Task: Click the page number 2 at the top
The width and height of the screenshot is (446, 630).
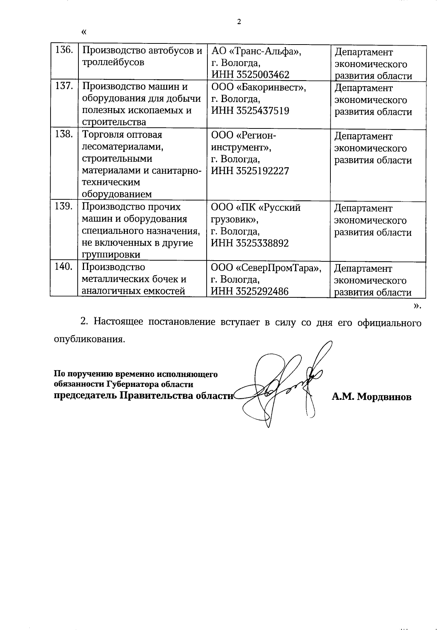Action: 239,22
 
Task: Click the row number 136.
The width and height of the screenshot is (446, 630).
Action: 64,50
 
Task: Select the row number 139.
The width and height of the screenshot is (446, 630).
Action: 64,206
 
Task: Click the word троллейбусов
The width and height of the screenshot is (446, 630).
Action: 113,62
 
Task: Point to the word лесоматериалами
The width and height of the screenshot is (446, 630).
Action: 122,147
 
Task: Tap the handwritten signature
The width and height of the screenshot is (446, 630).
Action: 282,386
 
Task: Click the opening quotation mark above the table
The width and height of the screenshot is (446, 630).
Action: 84,32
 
